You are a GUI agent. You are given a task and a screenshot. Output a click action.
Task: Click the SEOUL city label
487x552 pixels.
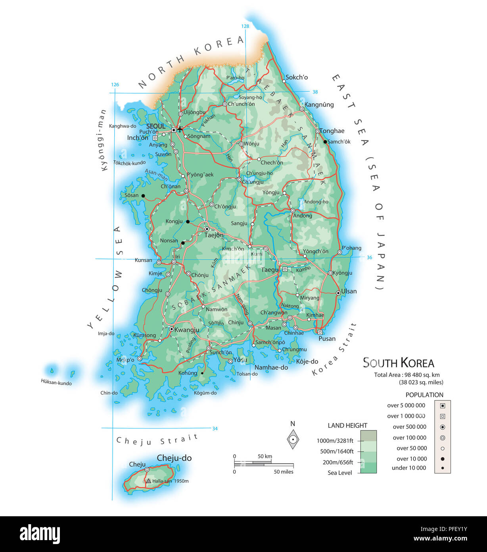point(155,126)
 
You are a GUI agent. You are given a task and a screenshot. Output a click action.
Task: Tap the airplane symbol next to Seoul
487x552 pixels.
point(180,129)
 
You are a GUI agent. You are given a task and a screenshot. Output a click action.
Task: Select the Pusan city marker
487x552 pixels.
point(320,332)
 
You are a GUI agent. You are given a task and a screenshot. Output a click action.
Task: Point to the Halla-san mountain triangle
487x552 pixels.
point(148,481)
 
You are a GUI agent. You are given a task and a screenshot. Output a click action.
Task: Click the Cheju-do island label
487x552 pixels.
point(174,458)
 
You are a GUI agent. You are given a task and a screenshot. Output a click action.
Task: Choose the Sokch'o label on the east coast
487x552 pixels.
point(297,77)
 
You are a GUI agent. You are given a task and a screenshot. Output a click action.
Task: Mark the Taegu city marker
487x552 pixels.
point(285,269)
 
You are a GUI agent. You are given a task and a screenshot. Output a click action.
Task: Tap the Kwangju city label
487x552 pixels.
point(187,330)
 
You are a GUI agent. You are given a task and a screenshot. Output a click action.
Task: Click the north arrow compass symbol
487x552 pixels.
point(293,439)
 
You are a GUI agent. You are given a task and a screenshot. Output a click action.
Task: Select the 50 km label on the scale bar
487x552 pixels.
point(265,456)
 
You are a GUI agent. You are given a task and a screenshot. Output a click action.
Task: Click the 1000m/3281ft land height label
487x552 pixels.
point(335,440)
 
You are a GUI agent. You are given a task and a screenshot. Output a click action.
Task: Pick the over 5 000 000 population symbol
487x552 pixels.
point(443,405)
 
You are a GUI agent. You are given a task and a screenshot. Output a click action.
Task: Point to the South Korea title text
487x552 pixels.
point(399,363)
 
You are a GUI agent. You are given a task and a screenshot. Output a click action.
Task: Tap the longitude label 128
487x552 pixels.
point(245,26)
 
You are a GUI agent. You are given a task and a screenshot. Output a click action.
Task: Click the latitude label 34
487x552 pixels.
point(215,428)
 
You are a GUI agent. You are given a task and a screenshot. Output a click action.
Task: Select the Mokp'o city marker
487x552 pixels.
point(140,359)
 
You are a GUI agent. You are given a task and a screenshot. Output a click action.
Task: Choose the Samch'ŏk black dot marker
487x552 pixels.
point(325,142)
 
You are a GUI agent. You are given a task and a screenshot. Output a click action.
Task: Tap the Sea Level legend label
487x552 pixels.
point(340,473)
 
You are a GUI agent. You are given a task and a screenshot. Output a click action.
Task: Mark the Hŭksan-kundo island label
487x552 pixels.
point(56,382)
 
